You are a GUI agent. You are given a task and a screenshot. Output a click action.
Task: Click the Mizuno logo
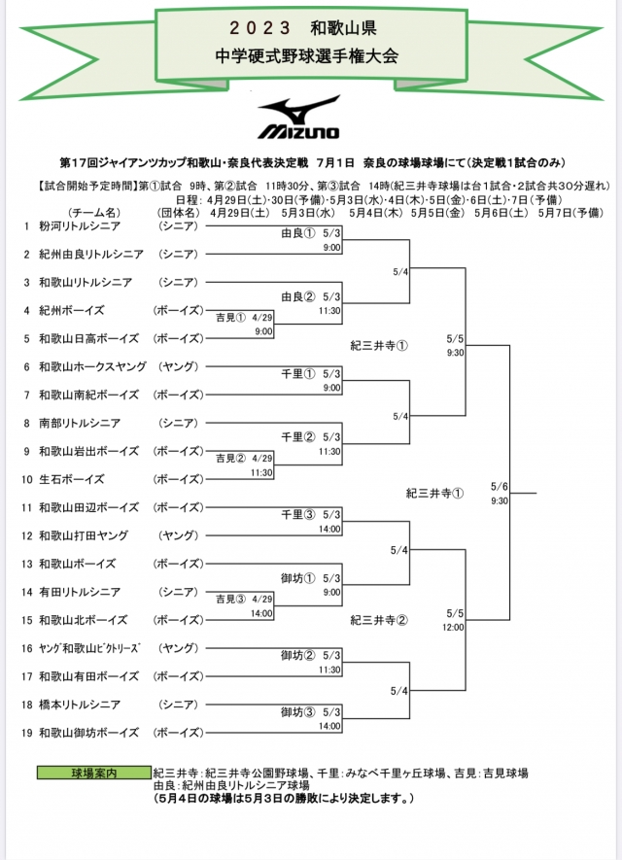298,117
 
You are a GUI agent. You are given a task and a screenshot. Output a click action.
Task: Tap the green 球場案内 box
94,773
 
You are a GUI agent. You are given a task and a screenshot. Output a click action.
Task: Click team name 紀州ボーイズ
71,311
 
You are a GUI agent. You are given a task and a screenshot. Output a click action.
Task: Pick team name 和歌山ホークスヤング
92,366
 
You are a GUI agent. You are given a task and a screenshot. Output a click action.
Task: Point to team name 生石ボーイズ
71,479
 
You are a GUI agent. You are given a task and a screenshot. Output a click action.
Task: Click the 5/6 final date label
500,487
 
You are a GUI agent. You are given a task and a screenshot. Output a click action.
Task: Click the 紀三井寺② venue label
379,619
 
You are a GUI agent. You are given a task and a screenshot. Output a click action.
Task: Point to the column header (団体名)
177,212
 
